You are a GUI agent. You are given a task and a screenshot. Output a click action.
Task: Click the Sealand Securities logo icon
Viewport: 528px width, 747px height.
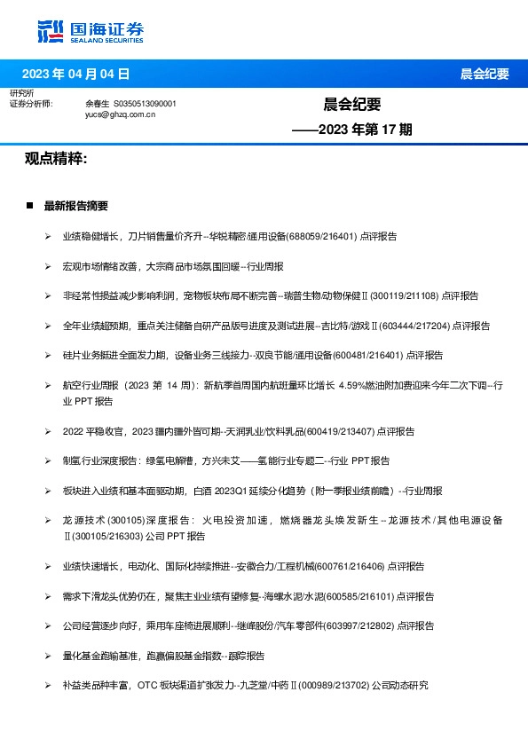(x=50, y=31)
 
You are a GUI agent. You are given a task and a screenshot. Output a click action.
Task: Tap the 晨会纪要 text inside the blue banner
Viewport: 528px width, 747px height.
(x=485, y=74)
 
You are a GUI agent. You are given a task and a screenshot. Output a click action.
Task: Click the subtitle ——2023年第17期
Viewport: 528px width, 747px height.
(x=352, y=130)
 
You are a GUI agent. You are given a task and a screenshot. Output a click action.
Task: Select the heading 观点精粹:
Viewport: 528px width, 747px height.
(x=56, y=158)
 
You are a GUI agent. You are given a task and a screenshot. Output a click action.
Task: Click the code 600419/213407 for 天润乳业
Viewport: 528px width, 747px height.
(x=340, y=431)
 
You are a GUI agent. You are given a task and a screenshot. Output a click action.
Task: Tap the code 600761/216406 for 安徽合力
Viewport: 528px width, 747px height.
(x=349, y=565)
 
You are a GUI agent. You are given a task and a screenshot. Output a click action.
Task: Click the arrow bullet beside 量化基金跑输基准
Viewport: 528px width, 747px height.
(x=48, y=656)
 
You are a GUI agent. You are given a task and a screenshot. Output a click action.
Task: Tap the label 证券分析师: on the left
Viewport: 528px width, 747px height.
(x=31, y=104)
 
